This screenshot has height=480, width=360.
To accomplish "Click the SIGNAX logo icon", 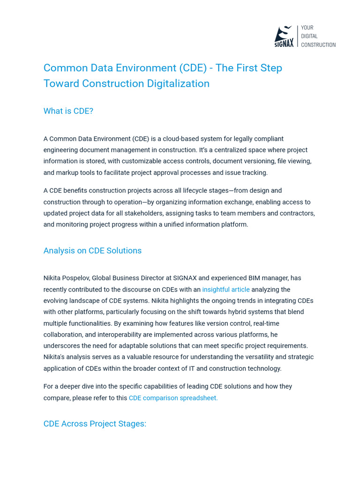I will coord(284,36).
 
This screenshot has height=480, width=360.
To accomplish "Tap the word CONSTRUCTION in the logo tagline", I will coord(318,45).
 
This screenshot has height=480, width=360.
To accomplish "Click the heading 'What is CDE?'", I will coord(68,111).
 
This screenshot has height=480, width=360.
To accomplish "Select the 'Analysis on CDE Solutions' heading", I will coord(92,251).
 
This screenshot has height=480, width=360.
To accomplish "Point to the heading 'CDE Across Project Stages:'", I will coord(95,424).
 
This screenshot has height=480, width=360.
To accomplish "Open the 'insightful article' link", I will coord(226,290).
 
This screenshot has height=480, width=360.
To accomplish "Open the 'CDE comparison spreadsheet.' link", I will coord(173,398).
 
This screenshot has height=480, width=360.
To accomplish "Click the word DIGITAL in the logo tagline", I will coord(309,36).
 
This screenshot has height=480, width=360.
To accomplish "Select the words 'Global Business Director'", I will coord(132,278).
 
